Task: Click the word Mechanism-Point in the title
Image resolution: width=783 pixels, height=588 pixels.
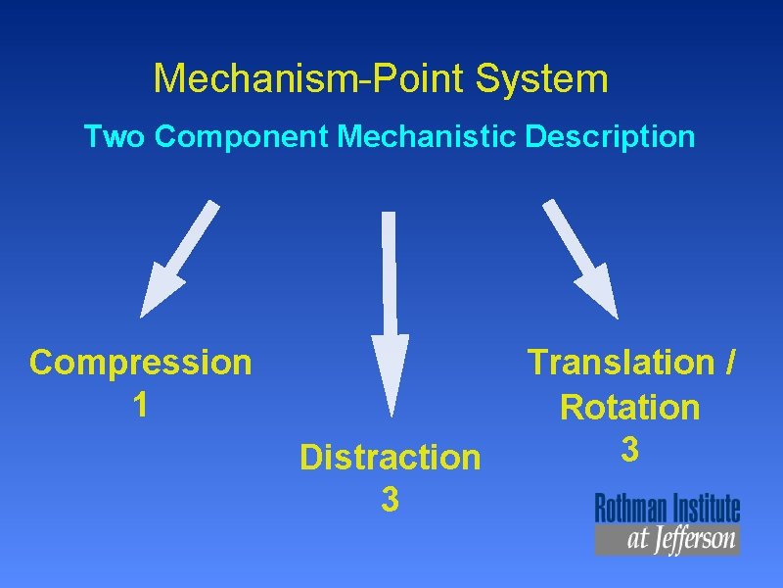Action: coord(310,79)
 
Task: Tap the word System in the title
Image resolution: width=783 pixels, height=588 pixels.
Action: coord(542,79)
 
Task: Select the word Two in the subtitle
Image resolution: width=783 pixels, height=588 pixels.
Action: coord(115,136)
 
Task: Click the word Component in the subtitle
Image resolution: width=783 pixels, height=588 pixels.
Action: coord(241,136)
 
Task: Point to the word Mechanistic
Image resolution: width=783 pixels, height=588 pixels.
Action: coord(427,136)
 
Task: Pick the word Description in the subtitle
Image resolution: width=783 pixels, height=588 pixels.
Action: coord(610,136)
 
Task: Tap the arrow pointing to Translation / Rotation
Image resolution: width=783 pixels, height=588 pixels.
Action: coord(581,260)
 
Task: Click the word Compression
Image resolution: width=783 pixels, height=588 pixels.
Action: coord(141,363)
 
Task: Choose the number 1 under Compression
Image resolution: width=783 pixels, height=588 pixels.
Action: coord(141,404)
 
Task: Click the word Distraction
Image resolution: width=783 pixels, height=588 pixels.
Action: coord(391,458)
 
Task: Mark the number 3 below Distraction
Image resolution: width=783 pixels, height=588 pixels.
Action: coord(390,500)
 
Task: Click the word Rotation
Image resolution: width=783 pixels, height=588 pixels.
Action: coord(630,407)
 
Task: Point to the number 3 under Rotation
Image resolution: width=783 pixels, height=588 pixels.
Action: coord(630,449)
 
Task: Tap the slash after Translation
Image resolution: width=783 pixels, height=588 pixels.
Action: coord(731,363)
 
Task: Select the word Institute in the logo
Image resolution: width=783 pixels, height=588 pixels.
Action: coord(703,509)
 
